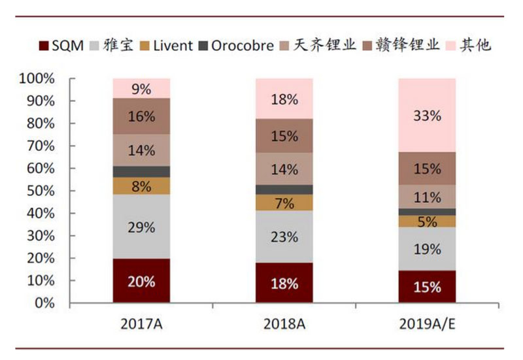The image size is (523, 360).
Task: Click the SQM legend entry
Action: tap(62, 46)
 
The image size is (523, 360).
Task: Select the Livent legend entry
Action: tap(167, 46)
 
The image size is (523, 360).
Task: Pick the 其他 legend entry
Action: tap(469, 46)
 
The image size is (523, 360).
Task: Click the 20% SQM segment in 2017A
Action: tap(141, 282)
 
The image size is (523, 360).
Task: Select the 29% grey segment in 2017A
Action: tap(141, 227)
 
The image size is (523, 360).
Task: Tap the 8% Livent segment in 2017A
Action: tap(141, 186)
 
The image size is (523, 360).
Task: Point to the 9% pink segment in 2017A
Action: tap(141, 88)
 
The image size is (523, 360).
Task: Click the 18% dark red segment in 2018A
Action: tap(284, 284)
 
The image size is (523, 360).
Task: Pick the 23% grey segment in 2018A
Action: tap(284, 237)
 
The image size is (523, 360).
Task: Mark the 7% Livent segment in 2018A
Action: tap(284, 203)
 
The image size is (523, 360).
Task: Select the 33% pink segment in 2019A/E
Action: tap(428, 116)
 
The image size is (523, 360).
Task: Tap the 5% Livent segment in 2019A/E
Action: tap(428, 221)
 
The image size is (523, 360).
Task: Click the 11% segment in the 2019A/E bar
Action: tap(428, 197)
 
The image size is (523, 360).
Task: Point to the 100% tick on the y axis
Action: tap(40, 79)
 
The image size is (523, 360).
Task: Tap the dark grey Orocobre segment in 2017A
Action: tap(141, 171)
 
